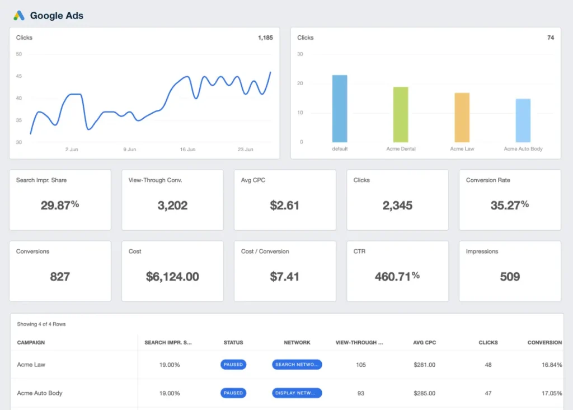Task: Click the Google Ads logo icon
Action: (19, 16)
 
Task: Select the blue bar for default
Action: (340, 108)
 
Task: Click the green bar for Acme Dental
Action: (401, 114)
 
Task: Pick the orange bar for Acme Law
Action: (462, 117)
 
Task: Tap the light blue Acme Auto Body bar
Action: (523, 120)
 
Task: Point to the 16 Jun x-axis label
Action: (187, 150)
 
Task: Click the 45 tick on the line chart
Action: (19, 76)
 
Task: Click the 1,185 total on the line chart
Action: (265, 38)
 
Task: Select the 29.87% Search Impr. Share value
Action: (60, 205)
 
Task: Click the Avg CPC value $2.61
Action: (284, 205)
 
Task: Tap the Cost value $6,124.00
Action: (172, 276)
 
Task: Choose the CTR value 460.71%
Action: (397, 276)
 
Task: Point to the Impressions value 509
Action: (510, 276)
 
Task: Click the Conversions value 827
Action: (60, 276)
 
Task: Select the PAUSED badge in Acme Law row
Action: (233, 365)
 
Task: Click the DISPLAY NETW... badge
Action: (297, 393)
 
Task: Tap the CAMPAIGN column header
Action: (31, 342)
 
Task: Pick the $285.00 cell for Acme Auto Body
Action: (424, 393)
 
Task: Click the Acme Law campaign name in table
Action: (31, 365)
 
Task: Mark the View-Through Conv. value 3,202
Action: (172, 205)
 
